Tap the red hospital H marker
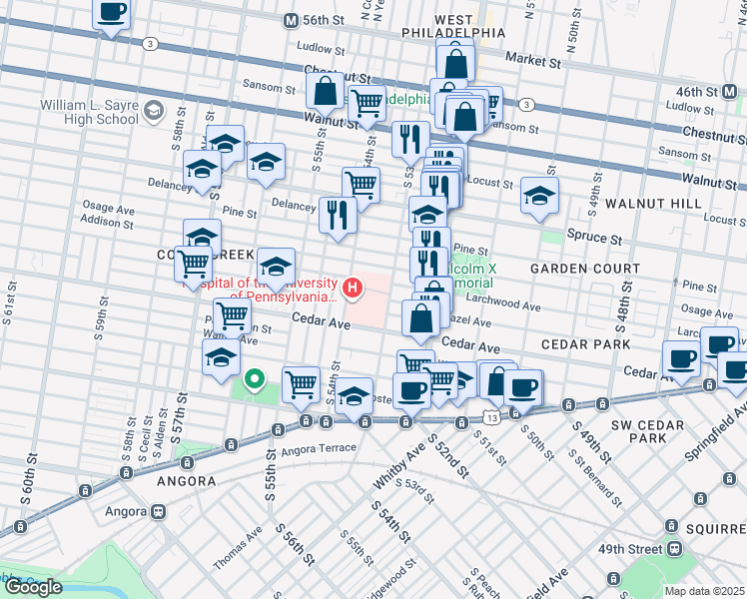pos(352,290)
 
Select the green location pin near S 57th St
pos(254,378)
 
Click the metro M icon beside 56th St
pos(291,20)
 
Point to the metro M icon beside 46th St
pos(732,91)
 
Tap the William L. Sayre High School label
pos(89,112)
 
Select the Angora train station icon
pos(158,512)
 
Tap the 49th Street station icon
pos(676,548)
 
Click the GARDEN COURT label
pos(584,270)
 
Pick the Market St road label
pos(532,61)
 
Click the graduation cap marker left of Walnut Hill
pos(539,197)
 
